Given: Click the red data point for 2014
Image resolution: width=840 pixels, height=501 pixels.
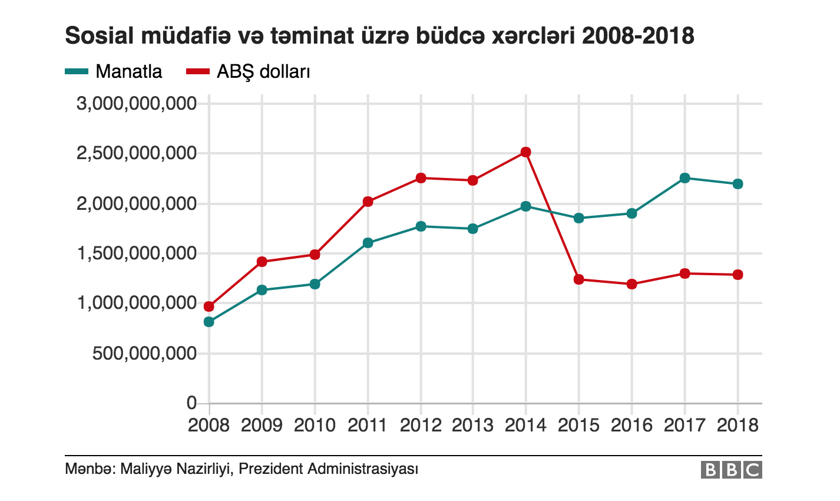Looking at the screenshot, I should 525,152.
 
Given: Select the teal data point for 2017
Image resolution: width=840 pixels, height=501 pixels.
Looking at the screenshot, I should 684,178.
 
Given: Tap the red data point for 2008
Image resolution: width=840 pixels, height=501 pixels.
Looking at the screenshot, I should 209,306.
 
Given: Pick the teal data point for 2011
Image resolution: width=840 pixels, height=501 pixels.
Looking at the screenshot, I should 368,243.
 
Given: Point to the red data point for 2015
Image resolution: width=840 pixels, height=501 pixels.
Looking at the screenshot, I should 578,279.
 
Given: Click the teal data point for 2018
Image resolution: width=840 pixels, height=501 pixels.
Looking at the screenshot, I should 738,184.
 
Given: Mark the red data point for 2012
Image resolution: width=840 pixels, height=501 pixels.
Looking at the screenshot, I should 421,178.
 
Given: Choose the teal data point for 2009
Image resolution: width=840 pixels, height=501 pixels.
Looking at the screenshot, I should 262,290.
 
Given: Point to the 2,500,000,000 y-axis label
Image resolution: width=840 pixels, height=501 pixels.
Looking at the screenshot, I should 136,154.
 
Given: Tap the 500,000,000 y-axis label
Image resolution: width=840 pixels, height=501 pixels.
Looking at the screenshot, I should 144,354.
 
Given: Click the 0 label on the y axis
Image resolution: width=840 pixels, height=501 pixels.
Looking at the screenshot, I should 191,403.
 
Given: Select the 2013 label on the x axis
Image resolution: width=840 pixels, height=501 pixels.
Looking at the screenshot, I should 473,425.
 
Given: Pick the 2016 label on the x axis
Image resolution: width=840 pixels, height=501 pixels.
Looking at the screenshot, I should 631,425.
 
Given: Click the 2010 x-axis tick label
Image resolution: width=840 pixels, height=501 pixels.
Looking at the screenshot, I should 315,425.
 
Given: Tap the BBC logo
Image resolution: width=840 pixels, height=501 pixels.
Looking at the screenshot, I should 731,470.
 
